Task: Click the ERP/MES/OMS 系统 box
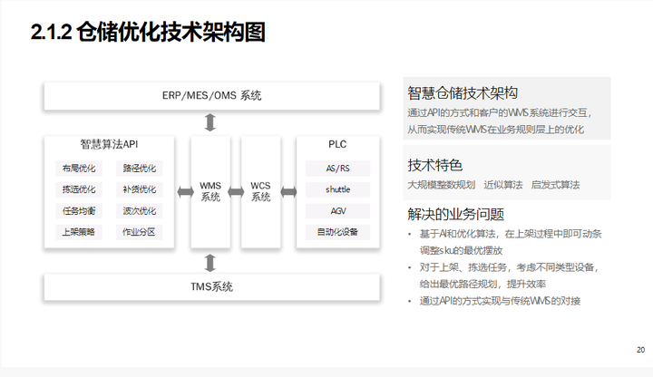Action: point(210,96)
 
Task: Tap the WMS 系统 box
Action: point(210,191)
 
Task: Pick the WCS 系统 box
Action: point(261,191)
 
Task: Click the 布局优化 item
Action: point(78,169)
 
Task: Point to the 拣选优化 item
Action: point(78,189)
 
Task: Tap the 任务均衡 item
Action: point(78,211)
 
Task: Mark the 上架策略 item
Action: point(78,232)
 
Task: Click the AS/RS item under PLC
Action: point(337,169)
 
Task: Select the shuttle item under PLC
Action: point(337,189)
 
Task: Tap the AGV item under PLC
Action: point(337,211)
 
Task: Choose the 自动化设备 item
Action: point(337,232)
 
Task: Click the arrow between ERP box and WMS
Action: point(210,122)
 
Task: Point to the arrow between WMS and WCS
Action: point(236,191)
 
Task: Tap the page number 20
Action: point(640,350)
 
